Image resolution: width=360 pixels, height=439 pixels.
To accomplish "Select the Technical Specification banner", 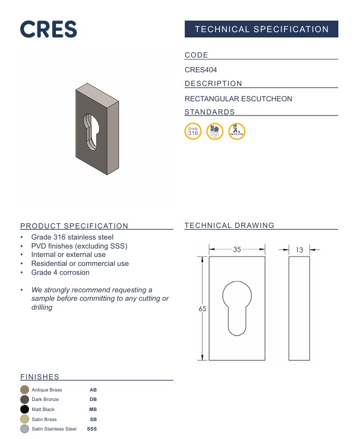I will [261, 29].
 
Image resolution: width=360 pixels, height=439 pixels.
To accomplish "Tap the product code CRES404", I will [201, 70].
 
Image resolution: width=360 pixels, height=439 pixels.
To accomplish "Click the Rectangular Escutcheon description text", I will [238, 99].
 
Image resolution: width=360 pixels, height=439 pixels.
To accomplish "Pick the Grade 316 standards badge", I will [193, 131].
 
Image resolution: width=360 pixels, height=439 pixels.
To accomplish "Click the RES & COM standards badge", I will [236, 131].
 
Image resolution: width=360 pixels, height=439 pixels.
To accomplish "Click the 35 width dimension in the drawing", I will [237, 250].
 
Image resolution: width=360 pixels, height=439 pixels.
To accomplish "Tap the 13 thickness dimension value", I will [299, 250].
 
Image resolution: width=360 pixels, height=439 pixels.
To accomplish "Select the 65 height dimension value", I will [202, 309].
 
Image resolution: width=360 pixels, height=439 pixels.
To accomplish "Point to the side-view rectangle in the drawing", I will [299, 309].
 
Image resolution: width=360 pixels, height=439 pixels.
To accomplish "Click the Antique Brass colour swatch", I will [24, 390].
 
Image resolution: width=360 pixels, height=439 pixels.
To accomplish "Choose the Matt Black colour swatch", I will [24, 409].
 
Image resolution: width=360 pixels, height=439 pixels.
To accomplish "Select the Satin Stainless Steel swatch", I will [24, 429].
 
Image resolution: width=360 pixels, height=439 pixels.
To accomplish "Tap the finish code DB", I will [93, 399].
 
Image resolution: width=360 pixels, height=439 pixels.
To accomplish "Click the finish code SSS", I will [92, 429].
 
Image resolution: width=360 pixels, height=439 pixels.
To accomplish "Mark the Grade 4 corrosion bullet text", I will [60, 272].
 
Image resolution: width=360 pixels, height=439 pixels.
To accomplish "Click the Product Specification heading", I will [74, 226].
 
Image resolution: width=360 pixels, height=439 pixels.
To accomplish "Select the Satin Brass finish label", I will [44, 419].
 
